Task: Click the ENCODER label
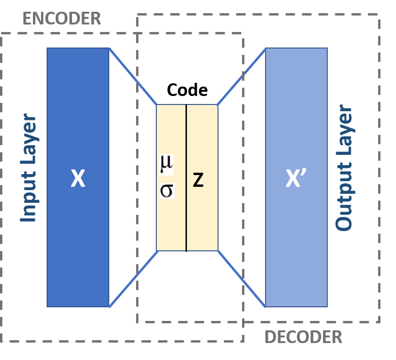point(62,19)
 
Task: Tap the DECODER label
point(303,337)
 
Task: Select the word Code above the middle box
point(187,89)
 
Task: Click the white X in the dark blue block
point(78,179)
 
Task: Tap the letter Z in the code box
point(198,180)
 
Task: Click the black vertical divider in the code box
point(186,141)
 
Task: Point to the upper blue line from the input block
point(133,76)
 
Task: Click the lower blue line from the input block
point(133,279)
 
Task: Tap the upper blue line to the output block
point(241,76)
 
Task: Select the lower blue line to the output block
point(241,278)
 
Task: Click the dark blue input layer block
point(78,245)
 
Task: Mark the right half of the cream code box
point(202,221)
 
